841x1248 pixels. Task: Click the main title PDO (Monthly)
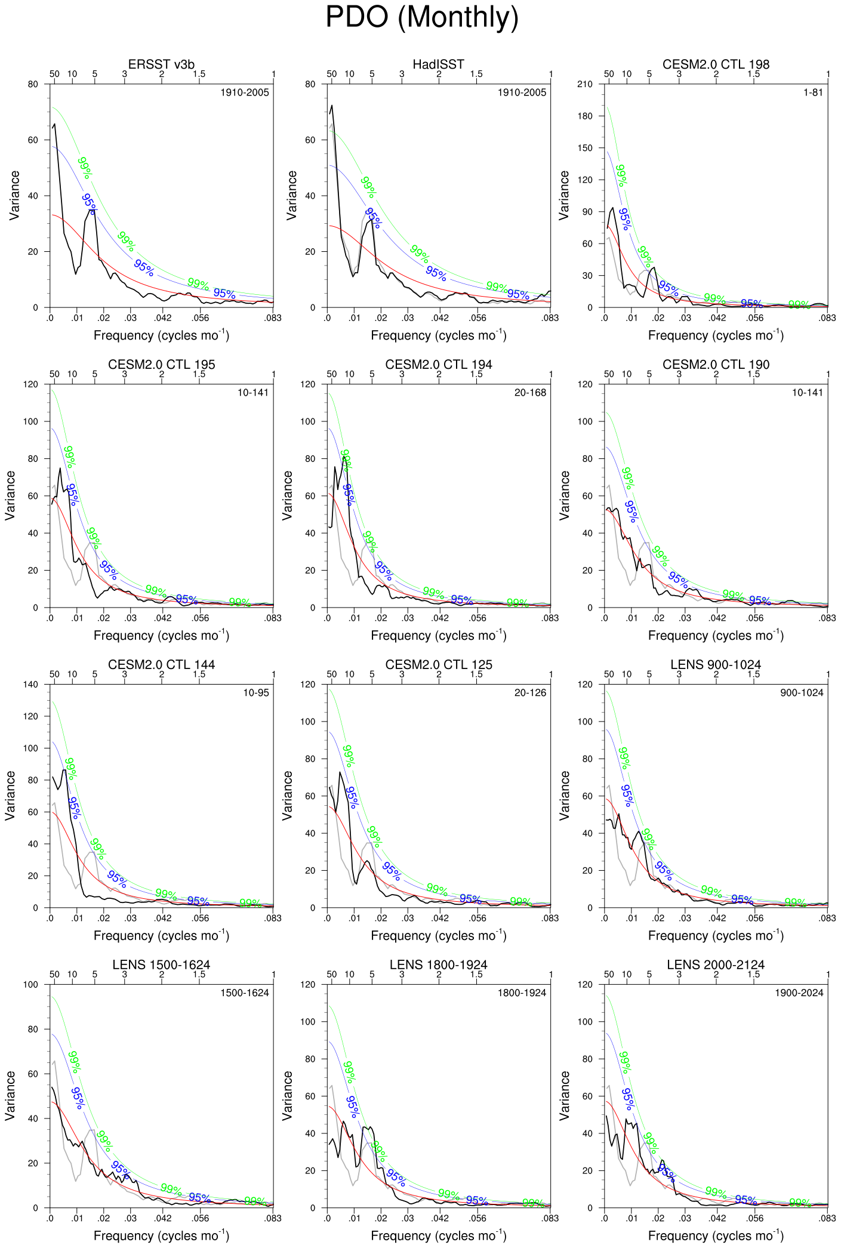coord(421,17)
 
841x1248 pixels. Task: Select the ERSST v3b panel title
coord(161,64)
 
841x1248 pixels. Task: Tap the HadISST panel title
coord(438,64)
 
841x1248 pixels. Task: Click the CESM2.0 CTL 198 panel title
coord(716,64)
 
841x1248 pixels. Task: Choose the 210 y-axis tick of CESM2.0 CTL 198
coord(585,84)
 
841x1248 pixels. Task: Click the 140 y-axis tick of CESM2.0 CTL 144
coord(30,685)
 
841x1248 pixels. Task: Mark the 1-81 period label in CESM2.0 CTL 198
coord(813,93)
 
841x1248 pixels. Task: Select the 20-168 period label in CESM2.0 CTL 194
coord(530,393)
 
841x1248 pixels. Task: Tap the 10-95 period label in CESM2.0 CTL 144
coord(255,693)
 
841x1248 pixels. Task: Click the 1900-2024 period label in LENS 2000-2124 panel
coord(799,993)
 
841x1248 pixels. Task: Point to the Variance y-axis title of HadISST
coord(292,195)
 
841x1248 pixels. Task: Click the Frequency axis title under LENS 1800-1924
coord(438,1235)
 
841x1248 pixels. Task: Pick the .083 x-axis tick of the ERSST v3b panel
coord(273,318)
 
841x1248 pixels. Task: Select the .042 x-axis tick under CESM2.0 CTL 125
coord(440,919)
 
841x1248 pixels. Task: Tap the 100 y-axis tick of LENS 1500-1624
coord(30,985)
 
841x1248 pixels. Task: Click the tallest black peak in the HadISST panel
coord(332,106)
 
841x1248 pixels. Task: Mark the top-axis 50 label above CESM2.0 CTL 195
coord(54,374)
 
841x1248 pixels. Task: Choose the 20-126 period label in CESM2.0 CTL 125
coord(530,693)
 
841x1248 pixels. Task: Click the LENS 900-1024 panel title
coord(716,665)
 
